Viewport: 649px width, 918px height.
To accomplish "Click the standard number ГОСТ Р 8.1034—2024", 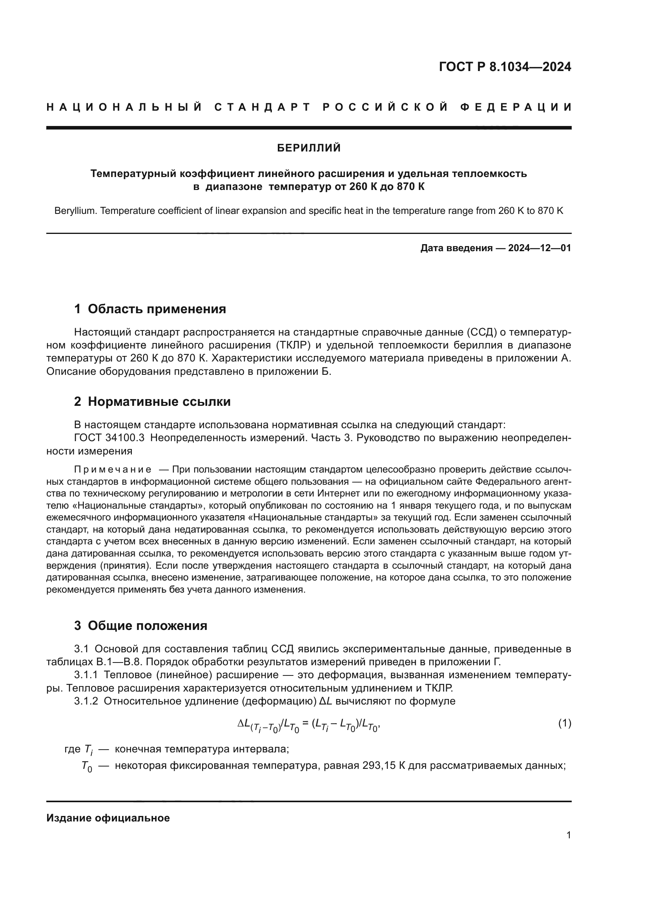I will [x=505, y=67].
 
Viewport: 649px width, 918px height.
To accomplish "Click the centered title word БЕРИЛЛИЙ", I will [x=309, y=148].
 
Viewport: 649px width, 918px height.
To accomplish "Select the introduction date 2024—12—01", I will [x=540, y=248].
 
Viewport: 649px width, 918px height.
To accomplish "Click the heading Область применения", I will [x=157, y=308].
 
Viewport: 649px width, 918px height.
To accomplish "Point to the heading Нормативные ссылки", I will [x=159, y=402].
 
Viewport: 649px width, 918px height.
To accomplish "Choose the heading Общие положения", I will [x=147, y=626].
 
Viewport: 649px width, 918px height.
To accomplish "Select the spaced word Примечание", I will [x=113, y=469].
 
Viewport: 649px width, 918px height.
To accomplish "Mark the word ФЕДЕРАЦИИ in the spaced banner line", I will [x=516, y=107].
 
